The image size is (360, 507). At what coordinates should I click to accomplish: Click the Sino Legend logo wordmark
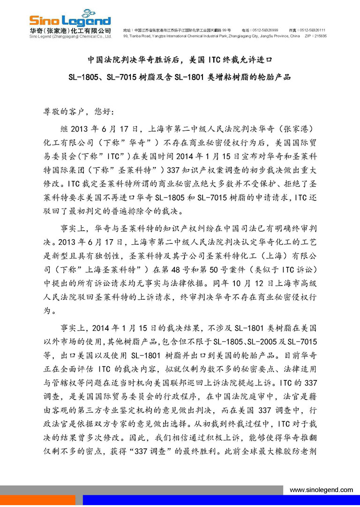pos(70,21)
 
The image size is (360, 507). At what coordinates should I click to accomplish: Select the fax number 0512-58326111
pos(313,30)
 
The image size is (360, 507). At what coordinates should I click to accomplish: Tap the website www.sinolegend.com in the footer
pos(321,490)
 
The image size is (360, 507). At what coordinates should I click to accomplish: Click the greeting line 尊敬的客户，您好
pos(75,113)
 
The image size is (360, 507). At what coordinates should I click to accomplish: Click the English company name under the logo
pos(70,36)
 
